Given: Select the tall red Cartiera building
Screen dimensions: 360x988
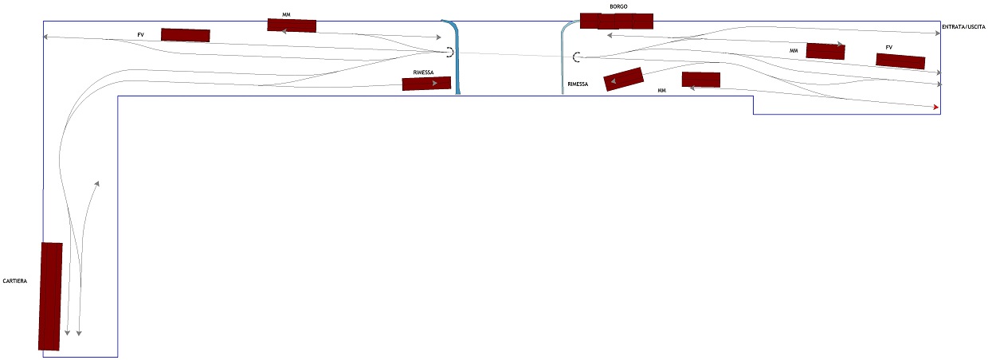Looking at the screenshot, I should pyautogui.click(x=50, y=296).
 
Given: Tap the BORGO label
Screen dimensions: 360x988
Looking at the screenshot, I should pyautogui.click(x=618, y=6).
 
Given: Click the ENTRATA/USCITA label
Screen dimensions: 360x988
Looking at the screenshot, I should pyautogui.click(x=963, y=28).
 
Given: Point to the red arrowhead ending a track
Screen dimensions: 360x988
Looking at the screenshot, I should pyautogui.click(x=936, y=107).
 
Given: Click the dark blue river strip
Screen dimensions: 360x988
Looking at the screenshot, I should pyautogui.click(x=455, y=56).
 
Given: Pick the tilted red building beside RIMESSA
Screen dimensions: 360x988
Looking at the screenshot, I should pyautogui.click(x=624, y=79).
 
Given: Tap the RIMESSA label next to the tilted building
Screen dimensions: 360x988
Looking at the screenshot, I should pyautogui.click(x=578, y=84).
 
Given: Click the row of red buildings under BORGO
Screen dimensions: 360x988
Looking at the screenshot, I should pyautogui.click(x=617, y=21).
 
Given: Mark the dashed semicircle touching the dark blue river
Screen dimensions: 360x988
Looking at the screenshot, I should pyautogui.click(x=449, y=53).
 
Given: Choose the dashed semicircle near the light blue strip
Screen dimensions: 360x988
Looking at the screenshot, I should pyautogui.click(x=576, y=57).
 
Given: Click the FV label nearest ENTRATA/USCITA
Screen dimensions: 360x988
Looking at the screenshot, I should pyautogui.click(x=888, y=47).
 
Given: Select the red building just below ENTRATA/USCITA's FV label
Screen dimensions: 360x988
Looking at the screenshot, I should pyautogui.click(x=900, y=61).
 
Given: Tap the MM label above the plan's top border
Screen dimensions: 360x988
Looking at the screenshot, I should pyautogui.click(x=286, y=14).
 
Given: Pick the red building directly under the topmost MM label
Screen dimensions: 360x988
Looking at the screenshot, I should pyautogui.click(x=292, y=25).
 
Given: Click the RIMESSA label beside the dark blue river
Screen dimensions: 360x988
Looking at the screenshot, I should pyautogui.click(x=423, y=72).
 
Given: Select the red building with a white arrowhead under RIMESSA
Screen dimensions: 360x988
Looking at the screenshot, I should pyautogui.click(x=426, y=84).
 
